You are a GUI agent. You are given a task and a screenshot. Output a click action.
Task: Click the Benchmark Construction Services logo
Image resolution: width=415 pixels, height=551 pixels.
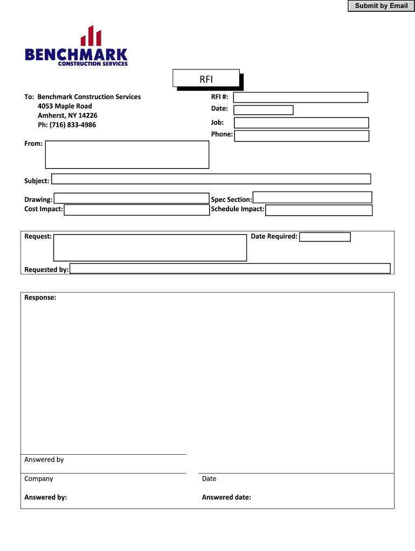click(77, 47)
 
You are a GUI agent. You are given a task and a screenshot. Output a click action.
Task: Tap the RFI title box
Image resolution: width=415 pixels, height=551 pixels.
click(206, 79)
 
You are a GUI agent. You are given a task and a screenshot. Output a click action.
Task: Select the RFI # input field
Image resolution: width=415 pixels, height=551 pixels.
click(300, 97)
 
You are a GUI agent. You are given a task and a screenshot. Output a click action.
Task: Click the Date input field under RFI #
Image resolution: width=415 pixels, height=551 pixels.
click(264, 110)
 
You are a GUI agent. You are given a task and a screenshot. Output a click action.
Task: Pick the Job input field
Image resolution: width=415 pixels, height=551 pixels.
click(301, 123)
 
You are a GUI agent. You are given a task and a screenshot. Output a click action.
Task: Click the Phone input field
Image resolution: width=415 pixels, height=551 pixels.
click(302, 136)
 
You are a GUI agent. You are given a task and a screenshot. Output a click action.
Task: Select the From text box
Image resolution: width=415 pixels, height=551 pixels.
click(127, 155)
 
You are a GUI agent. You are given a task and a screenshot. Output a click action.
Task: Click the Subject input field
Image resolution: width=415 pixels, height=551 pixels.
click(211, 179)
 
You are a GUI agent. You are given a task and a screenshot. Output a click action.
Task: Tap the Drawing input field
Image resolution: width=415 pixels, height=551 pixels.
click(131, 198)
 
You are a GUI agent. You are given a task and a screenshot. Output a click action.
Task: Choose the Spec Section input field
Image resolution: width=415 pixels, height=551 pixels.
click(312, 197)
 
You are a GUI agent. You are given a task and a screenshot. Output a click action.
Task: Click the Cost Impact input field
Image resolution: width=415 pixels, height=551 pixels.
click(136, 210)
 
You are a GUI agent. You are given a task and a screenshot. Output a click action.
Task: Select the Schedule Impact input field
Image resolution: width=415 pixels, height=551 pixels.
click(319, 210)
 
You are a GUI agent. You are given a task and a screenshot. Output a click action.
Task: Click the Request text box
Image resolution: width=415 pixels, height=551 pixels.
click(150, 248)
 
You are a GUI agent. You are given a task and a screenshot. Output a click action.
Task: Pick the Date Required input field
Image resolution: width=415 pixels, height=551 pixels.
click(324, 237)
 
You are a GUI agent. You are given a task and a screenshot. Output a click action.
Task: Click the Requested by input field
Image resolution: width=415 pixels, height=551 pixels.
click(230, 269)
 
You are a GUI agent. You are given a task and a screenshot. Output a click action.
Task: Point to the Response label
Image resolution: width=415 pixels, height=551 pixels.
click(40, 298)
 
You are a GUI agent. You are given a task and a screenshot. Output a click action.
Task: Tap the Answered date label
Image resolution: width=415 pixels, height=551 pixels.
click(226, 497)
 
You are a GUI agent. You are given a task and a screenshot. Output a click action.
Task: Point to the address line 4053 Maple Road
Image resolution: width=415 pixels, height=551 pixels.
click(65, 106)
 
